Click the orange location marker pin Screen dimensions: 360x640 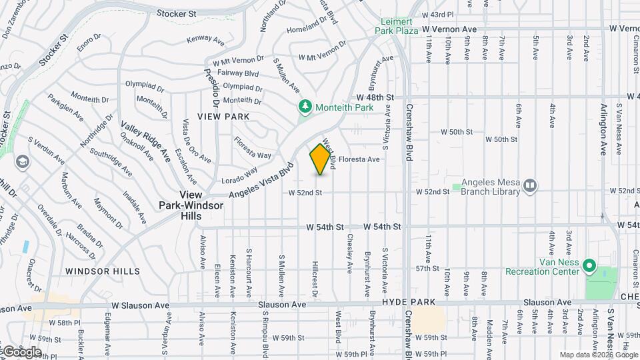[321, 159]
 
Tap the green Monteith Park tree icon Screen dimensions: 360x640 [305, 107]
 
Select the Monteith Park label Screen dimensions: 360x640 [345, 107]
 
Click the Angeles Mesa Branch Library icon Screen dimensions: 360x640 [530, 185]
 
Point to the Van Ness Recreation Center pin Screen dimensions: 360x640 [589, 267]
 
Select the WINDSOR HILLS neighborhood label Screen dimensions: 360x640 [103, 271]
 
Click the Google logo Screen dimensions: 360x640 [22, 351]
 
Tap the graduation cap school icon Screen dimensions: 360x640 [23, 162]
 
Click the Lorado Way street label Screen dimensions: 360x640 [240, 178]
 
